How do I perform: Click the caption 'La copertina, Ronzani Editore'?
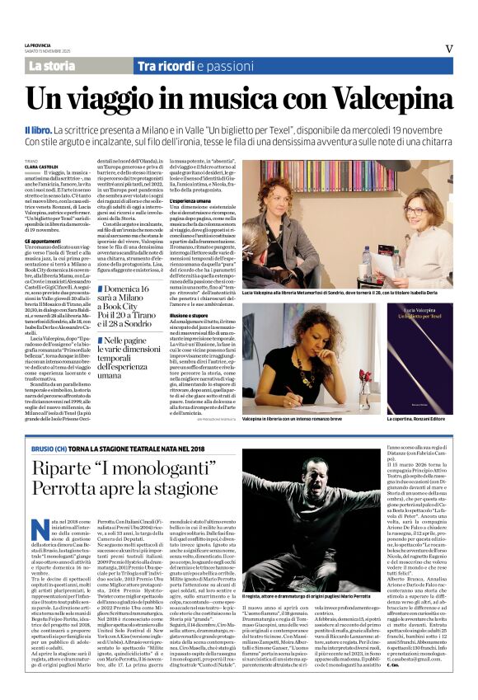tap(417, 419)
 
